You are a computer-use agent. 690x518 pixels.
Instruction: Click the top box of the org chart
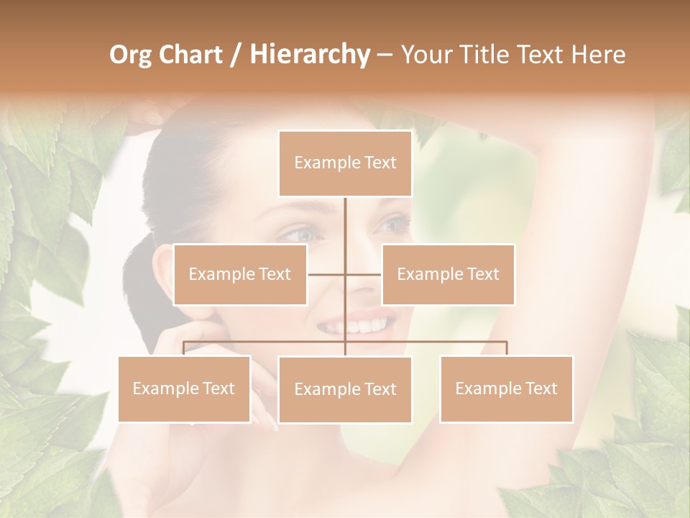345,163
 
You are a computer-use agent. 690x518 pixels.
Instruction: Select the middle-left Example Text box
240,274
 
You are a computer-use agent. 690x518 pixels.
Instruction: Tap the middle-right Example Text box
448,274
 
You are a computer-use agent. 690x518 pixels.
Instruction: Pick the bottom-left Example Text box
184,388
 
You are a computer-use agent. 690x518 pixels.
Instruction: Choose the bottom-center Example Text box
345,389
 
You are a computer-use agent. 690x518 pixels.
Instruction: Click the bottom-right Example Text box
506,388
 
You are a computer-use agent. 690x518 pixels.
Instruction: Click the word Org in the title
131,55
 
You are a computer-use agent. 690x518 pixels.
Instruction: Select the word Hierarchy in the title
310,55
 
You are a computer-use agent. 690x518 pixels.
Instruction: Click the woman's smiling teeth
359,326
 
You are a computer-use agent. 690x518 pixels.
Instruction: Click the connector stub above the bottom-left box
184,348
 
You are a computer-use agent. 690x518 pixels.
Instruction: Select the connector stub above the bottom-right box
507,348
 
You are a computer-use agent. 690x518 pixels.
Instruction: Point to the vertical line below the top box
345,223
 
